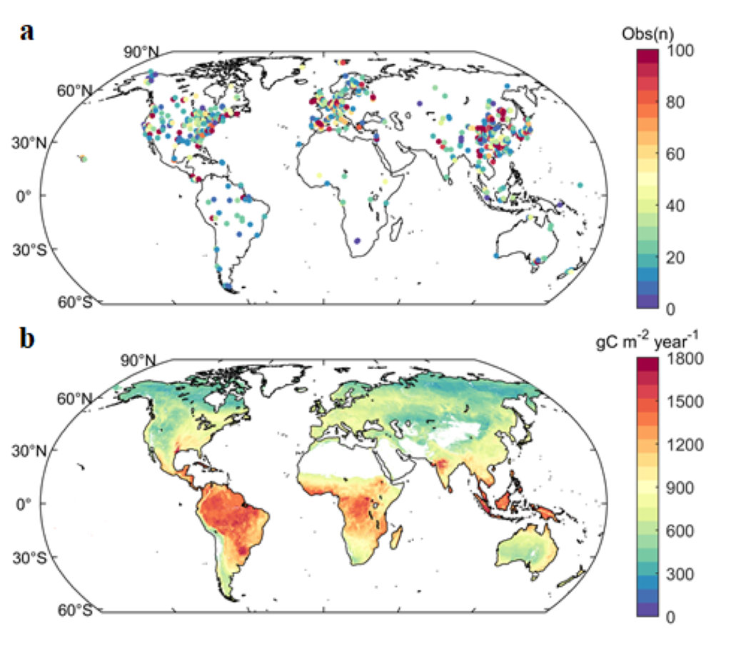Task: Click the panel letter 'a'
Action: (x=28, y=31)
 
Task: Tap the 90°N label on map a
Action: (x=143, y=51)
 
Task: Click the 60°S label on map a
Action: (x=74, y=302)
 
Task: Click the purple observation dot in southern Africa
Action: (x=357, y=240)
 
